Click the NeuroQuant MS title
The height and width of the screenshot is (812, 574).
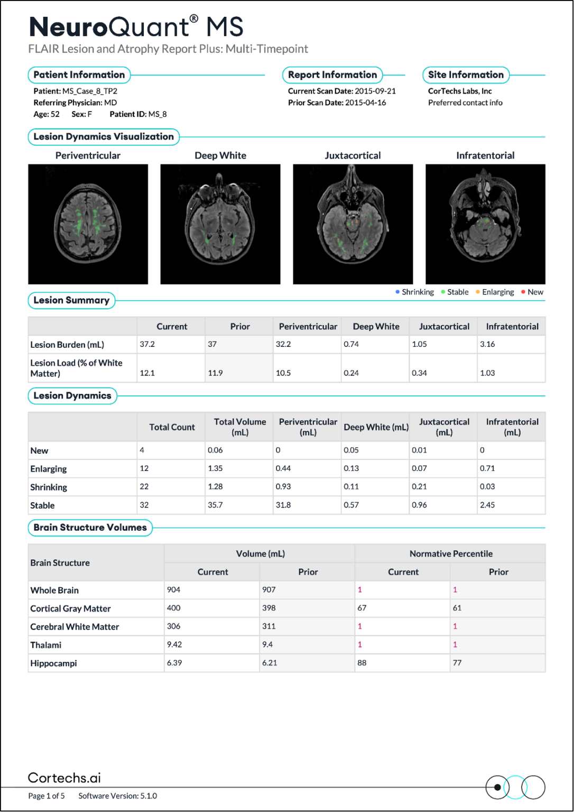(136, 26)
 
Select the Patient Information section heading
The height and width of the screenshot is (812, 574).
(79, 75)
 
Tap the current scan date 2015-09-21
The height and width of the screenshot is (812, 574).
(375, 91)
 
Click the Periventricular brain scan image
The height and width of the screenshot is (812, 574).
(88, 224)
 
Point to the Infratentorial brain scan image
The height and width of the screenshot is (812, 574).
(485, 224)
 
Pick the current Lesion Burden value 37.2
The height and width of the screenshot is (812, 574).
(147, 344)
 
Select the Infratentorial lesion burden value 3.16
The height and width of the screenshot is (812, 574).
(487, 344)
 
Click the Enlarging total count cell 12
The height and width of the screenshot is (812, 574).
(144, 468)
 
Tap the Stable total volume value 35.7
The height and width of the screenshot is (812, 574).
(215, 505)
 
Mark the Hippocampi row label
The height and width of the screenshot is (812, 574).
(53, 663)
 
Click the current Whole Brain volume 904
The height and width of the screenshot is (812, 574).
(174, 590)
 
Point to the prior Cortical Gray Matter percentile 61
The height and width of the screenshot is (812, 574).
(457, 608)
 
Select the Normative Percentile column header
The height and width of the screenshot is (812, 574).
(450, 553)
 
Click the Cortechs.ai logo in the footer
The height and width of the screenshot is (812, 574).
(64, 778)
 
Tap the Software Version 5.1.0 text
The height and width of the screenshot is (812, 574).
(117, 796)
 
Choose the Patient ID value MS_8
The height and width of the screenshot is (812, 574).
(158, 114)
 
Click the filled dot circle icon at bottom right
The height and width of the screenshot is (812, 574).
(497, 787)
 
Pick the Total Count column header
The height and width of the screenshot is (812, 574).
(172, 427)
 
